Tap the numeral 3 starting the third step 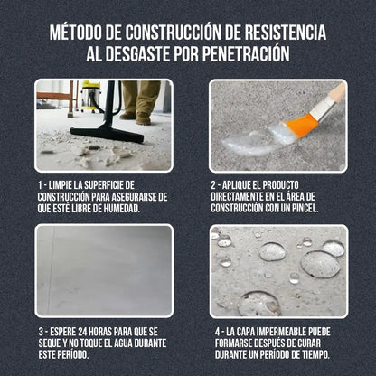tap(42, 331)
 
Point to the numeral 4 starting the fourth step tap(218, 331)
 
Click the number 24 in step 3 tap(89, 331)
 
